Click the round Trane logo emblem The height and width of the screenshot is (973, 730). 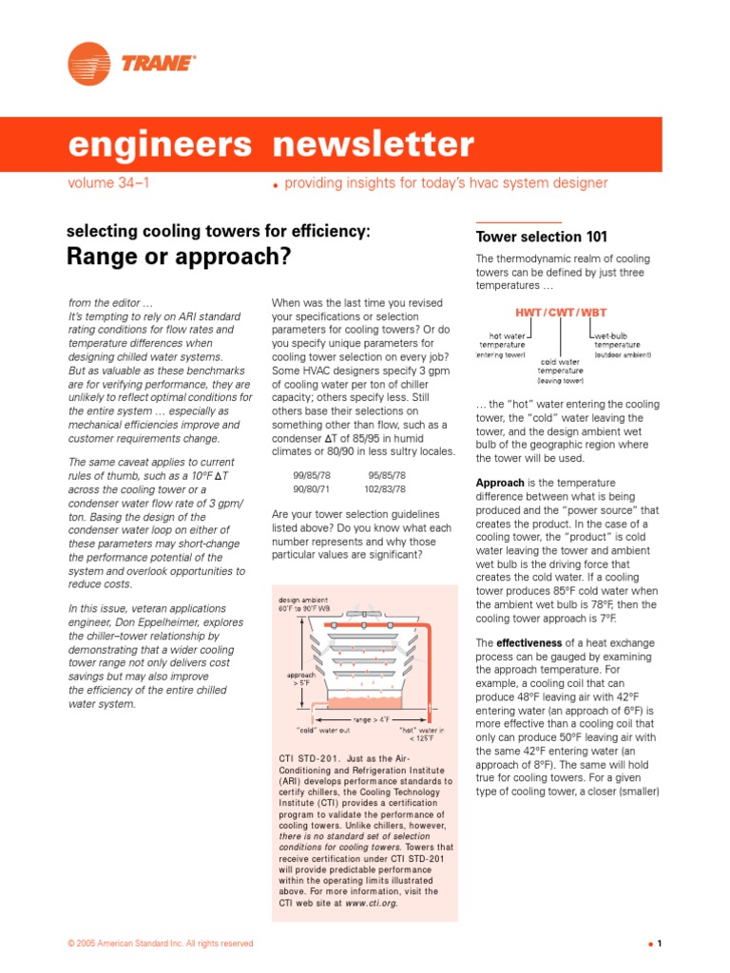click(x=89, y=64)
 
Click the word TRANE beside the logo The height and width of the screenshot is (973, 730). click(x=157, y=65)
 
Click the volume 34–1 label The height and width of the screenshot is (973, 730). click(x=109, y=182)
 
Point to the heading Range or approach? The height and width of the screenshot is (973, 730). click(x=178, y=257)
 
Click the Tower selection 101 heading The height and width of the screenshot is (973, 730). click(x=541, y=237)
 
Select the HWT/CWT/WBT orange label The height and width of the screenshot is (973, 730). click(x=561, y=312)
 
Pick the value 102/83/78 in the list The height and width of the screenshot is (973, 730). click(x=385, y=488)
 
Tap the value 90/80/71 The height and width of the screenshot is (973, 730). click(x=311, y=488)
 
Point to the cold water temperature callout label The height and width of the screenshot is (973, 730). click(x=561, y=371)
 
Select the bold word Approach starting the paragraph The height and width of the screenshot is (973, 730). click(x=500, y=483)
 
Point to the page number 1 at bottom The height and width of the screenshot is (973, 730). click(x=658, y=944)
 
